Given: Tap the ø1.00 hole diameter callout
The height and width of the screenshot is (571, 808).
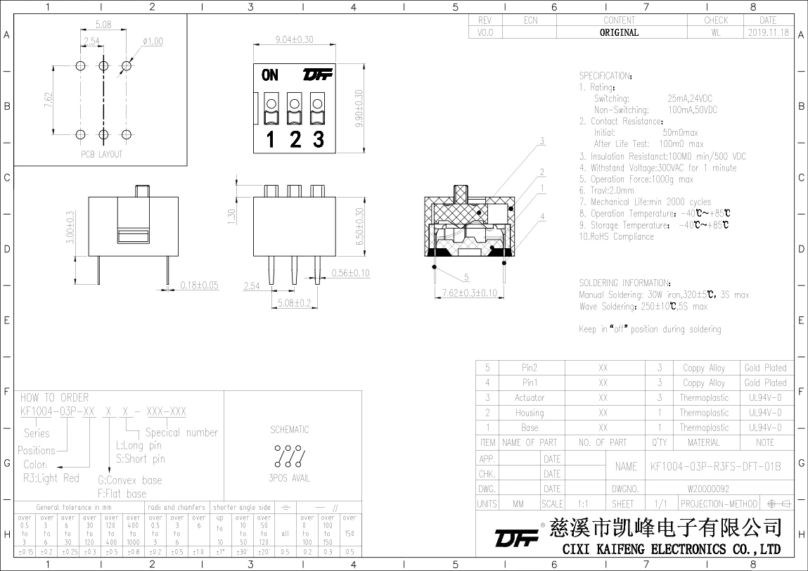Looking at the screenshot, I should (152, 41).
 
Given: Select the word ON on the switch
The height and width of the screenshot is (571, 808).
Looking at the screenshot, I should (270, 75).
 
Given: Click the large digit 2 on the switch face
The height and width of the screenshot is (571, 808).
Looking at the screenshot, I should (295, 139).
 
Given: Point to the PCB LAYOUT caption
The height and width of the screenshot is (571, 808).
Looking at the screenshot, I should (101, 154).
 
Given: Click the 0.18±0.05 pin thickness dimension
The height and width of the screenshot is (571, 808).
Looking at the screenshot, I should (199, 285).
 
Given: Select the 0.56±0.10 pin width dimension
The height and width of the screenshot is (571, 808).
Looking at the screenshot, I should (350, 273).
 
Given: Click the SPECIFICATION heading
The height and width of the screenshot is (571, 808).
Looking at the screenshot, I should (605, 75).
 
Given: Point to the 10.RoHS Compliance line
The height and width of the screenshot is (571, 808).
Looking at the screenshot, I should (616, 236).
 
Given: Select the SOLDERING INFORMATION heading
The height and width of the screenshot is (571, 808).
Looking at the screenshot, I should (624, 283).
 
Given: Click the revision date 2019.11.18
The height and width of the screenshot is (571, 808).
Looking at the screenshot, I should (768, 32).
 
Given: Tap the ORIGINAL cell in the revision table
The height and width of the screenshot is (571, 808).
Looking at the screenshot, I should (619, 32).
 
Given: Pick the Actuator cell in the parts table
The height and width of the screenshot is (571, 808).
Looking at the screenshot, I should (530, 397).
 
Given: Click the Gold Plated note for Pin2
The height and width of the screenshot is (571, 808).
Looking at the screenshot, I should (766, 368).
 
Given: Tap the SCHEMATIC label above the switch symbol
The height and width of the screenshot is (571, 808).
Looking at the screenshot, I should (289, 429).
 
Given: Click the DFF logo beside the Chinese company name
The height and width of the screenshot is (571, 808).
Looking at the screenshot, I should (516, 539).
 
